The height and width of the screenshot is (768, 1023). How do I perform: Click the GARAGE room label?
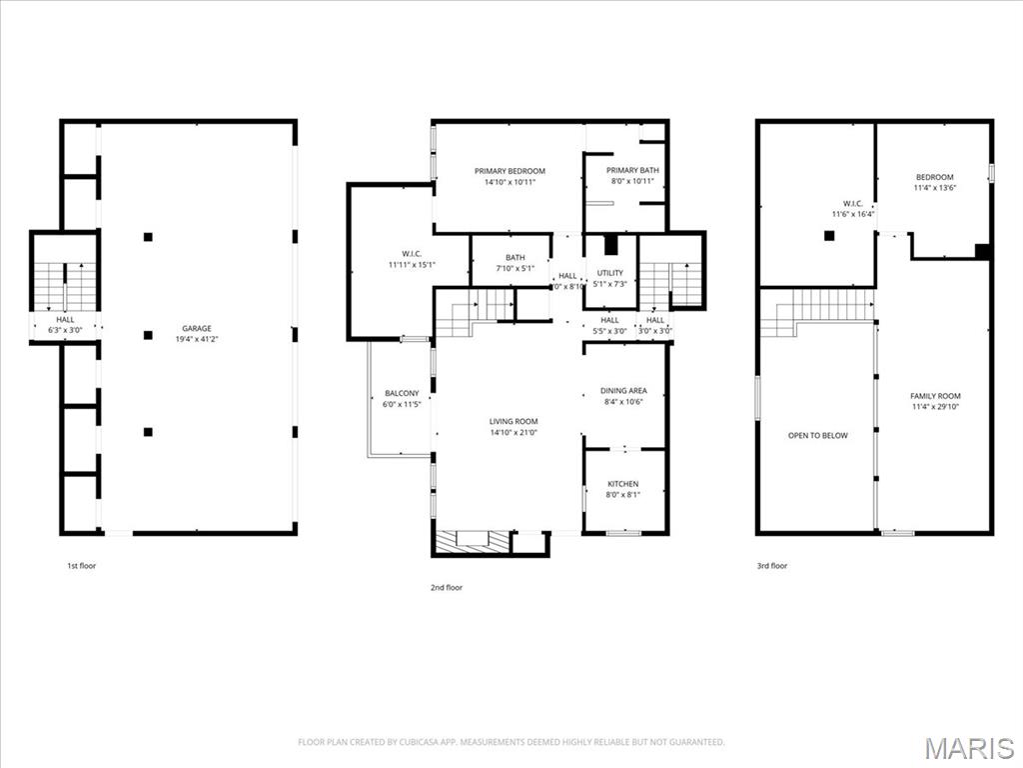coord(196,328)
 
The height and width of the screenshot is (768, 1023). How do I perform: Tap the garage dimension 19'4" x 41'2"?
coord(196,339)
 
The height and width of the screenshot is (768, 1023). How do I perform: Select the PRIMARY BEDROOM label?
coord(510,171)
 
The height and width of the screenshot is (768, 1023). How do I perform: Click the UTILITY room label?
coord(610,273)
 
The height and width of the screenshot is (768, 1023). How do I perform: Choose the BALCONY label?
coord(401,393)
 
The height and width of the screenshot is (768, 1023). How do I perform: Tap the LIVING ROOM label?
coord(513,421)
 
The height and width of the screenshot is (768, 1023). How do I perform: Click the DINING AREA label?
coord(623,391)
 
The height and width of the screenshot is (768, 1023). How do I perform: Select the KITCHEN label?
coord(623,484)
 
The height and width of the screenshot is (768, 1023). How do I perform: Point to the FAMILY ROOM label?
coord(936,396)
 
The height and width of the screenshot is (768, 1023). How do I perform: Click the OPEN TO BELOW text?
coord(817,436)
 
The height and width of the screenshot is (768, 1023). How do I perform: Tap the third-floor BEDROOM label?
coord(934,177)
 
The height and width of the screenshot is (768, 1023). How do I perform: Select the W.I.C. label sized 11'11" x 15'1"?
coord(407,253)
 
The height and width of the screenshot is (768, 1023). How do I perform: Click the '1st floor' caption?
coord(81,566)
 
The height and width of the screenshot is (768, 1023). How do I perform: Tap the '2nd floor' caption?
coord(447,588)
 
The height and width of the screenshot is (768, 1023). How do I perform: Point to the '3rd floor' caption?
coord(771,566)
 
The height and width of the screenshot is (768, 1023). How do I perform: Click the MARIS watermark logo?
coord(968,748)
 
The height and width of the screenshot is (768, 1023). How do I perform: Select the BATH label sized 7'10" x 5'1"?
coord(514,258)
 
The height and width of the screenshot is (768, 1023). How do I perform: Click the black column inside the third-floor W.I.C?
coord(828,236)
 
